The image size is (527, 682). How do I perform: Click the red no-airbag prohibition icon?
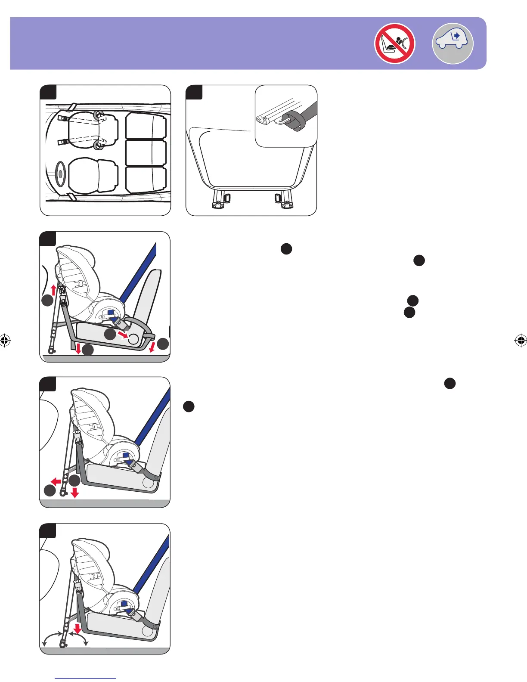tap(394, 43)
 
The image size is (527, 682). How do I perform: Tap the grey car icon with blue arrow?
tap(453, 43)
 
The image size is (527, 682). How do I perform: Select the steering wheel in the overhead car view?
tap(59, 174)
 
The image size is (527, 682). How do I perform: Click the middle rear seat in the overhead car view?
tap(146, 152)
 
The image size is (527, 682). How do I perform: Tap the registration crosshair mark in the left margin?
tap(5, 341)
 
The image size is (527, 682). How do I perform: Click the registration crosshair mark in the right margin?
tap(521, 341)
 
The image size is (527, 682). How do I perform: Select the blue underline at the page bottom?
tap(86, 678)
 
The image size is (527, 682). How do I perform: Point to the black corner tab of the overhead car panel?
tap(48, 92)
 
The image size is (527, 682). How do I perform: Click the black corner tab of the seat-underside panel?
tap(194, 92)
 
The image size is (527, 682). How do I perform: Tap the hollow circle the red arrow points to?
tap(133, 339)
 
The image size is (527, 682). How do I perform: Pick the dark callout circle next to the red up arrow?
tap(48, 301)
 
